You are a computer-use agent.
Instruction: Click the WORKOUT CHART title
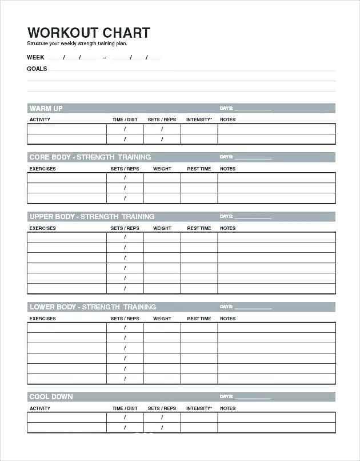(x=89, y=32)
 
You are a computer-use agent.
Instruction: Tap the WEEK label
(x=35, y=57)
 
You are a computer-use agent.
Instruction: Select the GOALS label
(x=37, y=69)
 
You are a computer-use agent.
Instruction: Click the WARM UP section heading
(x=46, y=108)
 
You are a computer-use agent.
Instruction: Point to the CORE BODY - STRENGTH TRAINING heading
(x=90, y=157)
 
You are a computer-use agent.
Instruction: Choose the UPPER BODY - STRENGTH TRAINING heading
(x=92, y=217)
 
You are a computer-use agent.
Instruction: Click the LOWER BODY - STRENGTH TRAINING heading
(x=93, y=307)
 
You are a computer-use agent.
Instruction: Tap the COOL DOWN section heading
(x=51, y=397)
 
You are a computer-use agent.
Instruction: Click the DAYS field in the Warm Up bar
(x=251, y=108)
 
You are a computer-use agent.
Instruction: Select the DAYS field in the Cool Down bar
(x=251, y=397)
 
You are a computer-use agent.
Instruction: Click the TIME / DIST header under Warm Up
(x=125, y=120)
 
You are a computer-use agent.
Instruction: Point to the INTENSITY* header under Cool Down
(x=199, y=408)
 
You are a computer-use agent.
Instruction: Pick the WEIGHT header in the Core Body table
(x=162, y=169)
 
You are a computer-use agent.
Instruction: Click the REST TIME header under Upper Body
(x=199, y=228)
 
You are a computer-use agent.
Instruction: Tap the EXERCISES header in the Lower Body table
(x=43, y=319)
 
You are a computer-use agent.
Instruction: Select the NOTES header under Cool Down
(x=227, y=408)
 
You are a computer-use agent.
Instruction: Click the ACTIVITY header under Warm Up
(x=40, y=120)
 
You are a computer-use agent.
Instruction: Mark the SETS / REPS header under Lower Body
(x=125, y=319)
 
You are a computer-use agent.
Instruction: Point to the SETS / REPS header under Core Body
(x=125, y=169)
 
